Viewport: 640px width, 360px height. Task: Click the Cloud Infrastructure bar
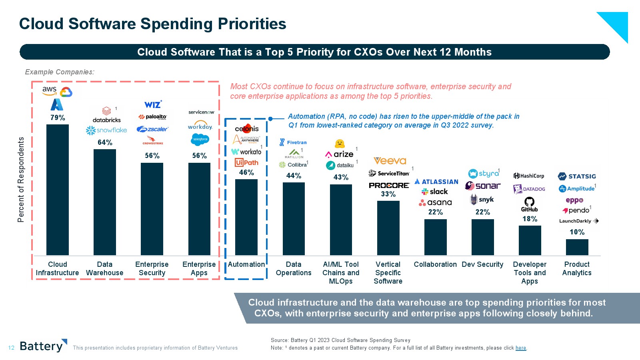coord(58,190)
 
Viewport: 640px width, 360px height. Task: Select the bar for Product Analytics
coord(577,247)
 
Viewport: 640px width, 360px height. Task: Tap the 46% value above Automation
coord(246,172)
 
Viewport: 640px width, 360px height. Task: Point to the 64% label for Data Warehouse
coord(105,142)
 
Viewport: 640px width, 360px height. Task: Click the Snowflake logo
coord(106,130)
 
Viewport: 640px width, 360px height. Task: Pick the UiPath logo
coord(246,162)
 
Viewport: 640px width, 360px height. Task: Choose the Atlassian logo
coord(436,182)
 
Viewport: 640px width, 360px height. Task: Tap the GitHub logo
coord(529,204)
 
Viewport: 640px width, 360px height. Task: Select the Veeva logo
coord(390,161)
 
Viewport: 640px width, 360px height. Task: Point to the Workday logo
coord(200,126)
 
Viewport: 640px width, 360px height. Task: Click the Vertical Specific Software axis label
coord(388,273)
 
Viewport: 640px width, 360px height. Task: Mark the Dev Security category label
coord(482,264)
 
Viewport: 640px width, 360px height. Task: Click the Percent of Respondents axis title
coord(21,180)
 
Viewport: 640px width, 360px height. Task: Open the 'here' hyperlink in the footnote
coord(520,348)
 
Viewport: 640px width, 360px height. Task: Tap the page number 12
coord(11,348)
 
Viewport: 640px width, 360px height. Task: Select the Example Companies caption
coord(60,72)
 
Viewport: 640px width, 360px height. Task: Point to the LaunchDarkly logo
coord(578,221)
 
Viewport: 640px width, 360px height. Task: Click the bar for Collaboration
coord(435,237)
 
